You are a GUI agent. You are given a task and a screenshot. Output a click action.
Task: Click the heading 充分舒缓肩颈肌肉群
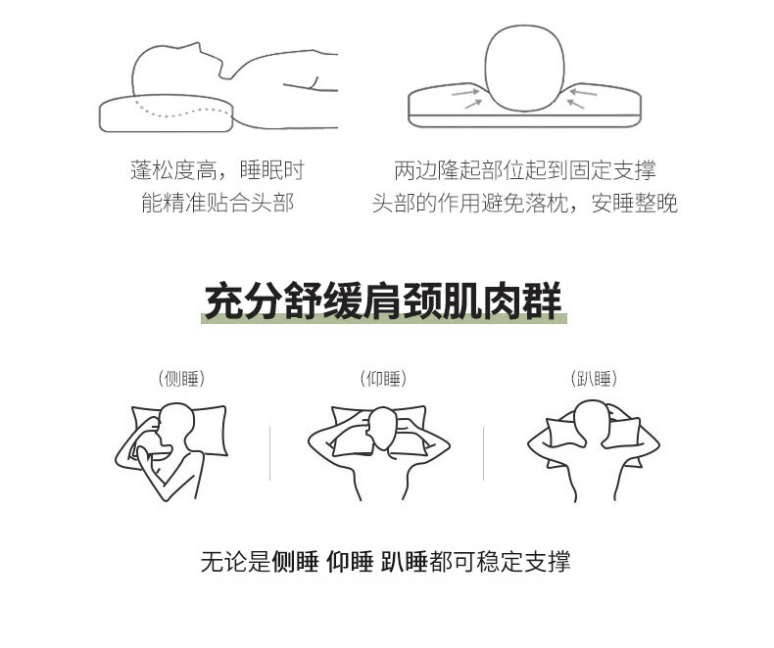(383, 301)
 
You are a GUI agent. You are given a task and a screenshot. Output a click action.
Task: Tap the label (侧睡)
(181, 379)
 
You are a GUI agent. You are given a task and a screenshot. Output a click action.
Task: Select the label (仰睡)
(383, 379)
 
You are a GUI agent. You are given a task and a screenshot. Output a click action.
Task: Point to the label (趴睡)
(594, 379)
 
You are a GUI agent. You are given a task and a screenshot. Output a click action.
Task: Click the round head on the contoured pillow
(524, 69)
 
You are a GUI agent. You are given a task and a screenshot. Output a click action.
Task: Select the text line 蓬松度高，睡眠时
(218, 170)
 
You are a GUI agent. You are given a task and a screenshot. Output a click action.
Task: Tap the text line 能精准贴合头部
(218, 203)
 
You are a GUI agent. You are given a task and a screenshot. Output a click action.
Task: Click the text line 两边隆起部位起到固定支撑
(525, 170)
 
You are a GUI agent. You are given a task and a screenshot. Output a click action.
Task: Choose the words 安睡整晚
(634, 203)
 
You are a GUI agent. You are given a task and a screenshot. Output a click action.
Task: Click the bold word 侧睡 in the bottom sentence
(295, 561)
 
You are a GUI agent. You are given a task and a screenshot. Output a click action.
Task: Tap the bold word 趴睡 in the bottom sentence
(405, 561)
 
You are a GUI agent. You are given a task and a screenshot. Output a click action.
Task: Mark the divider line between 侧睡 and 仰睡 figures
(270, 454)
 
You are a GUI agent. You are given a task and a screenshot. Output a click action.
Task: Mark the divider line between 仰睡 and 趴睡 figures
(483, 454)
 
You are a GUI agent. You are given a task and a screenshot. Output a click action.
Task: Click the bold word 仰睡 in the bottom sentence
(350, 561)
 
